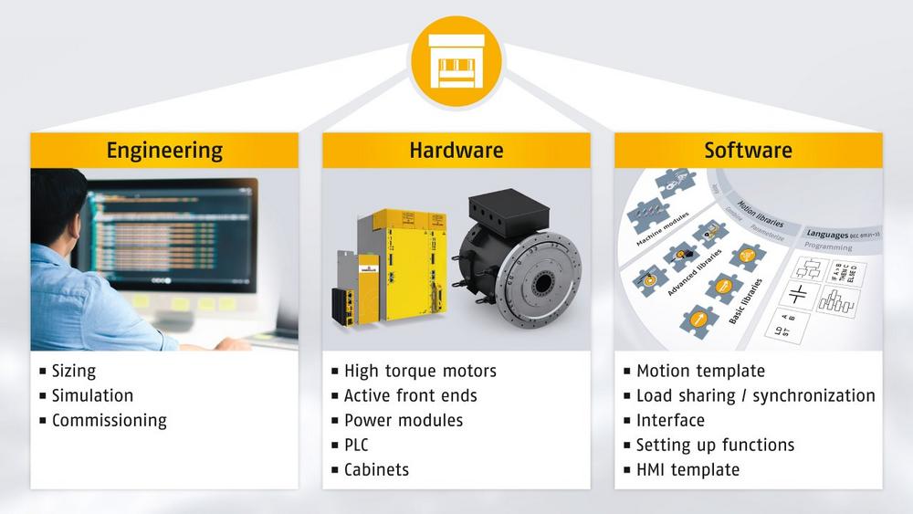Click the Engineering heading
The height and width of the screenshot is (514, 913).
164,150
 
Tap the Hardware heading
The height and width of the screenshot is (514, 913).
456,150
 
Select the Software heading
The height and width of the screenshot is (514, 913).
748,150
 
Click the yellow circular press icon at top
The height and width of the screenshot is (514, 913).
456,62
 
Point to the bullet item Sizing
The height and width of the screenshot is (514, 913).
73,372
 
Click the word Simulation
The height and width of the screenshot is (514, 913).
92,396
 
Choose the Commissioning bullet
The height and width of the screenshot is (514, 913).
109,421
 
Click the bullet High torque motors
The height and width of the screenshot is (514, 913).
420,372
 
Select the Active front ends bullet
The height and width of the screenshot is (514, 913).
410,396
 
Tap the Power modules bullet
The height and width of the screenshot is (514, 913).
403,421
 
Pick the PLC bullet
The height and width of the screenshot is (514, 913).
356,446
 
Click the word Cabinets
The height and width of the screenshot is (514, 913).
376,470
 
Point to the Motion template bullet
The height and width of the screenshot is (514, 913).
700,372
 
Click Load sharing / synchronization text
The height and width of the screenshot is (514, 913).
755,396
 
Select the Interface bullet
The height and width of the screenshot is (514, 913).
670,421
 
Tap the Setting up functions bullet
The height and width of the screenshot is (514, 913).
715,446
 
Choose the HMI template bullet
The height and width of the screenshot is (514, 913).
687,470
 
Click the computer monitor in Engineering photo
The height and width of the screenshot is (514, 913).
169,233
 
